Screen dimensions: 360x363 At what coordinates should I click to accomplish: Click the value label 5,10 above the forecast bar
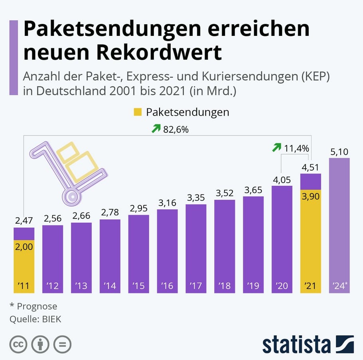(x=339, y=152)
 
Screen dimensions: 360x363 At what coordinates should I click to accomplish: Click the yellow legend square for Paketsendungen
(x=138, y=112)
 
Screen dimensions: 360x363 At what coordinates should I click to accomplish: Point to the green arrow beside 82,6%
(x=156, y=128)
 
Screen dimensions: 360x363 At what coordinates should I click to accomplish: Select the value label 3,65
(x=253, y=190)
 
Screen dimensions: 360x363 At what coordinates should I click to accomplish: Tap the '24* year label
(x=339, y=286)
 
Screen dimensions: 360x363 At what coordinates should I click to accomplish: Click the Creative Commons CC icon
(x=18, y=344)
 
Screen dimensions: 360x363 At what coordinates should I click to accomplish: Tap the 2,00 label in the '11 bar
(x=24, y=247)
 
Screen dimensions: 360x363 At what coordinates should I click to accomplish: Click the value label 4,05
(x=282, y=180)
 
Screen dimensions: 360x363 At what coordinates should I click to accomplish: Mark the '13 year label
(x=81, y=286)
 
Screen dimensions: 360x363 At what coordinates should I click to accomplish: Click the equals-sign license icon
(x=62, y=344)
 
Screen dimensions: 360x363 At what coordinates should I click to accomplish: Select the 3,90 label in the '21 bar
(x=310, y=197)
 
